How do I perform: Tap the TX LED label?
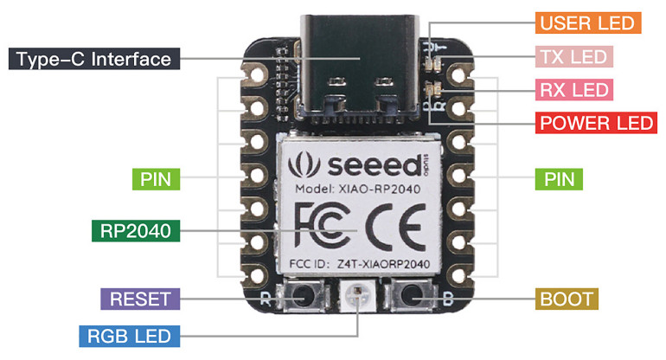tap(573, 57)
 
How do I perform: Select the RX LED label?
tap(574, 88)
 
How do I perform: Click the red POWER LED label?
tap(596, 122)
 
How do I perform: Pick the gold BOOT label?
tap(567, 299)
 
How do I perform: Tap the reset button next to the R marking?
tap(304, 298)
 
